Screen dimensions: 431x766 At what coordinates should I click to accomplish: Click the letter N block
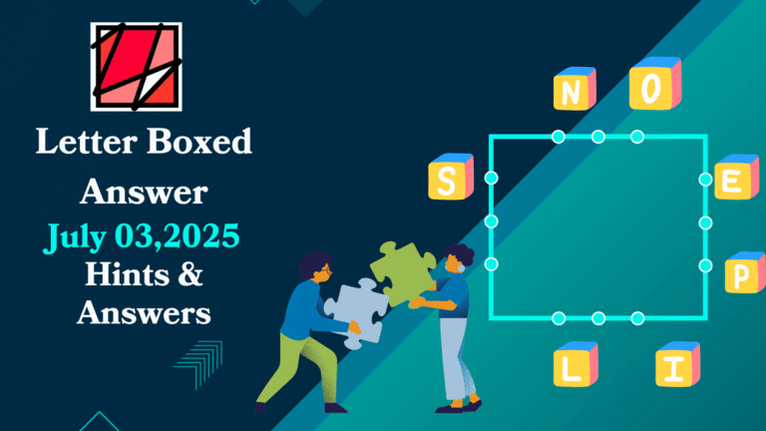(x=574, y=90)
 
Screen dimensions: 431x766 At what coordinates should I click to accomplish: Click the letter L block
(x=574, y=366)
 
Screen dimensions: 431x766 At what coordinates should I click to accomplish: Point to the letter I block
(x=675, y=366)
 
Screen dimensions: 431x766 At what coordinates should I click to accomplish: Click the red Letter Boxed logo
(x=136, y=67)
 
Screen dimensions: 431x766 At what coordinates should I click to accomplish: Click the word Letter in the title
(x=83, y=143)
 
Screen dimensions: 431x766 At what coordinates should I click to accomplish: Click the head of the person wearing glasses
(x=314, y=266)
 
